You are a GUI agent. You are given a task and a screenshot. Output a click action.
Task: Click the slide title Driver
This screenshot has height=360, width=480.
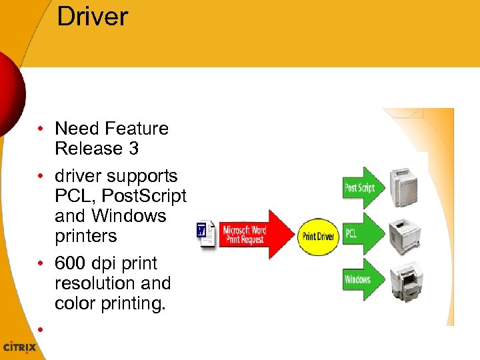click(92, 17)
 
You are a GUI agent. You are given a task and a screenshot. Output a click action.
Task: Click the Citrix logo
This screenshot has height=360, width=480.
click(19, 347)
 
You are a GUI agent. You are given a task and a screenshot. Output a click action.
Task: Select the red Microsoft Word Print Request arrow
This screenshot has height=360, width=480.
click(253, 235)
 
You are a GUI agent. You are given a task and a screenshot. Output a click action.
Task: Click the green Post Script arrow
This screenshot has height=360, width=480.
click(362, 188)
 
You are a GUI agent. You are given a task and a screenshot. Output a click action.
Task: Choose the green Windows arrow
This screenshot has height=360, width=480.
click(362, 279)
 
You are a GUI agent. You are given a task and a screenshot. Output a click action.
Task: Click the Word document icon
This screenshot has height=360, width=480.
click(207, 235)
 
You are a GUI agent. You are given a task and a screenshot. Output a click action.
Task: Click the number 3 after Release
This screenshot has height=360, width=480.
click(133, 149)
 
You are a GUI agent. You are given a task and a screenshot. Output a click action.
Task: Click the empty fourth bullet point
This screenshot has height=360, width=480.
click(41, 330)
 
